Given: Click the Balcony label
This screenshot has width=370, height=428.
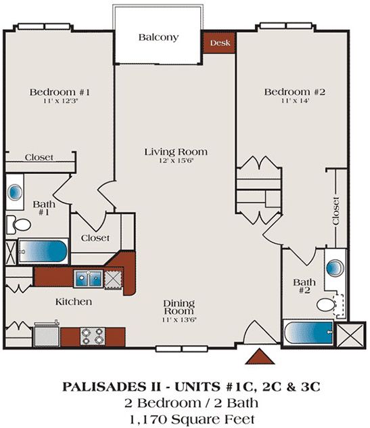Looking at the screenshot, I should click(158, 37).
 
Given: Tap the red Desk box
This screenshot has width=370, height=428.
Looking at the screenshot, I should click(219, 42).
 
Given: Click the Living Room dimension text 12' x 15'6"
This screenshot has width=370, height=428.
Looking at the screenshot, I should click(175, 162).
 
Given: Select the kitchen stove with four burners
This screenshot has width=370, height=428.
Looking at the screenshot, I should click(92, 335).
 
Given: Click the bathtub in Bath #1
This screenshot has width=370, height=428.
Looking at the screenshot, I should click(43, 251).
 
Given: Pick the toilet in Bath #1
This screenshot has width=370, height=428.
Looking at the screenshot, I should click(21, 224).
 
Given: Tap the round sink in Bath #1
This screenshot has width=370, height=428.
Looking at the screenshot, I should click(15, 191).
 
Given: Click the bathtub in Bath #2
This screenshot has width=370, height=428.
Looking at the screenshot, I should click(308, 333).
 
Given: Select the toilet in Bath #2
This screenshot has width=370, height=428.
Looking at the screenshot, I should click(327, 304).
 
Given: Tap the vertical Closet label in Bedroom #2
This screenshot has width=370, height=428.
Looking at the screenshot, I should click(336, 210).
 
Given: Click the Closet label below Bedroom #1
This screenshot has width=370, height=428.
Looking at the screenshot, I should click(39, 157).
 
